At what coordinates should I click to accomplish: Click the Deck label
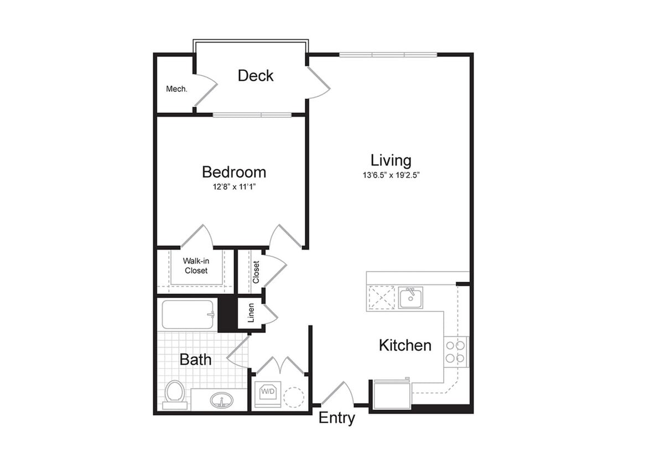coord(256,76)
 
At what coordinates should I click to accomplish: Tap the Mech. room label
coord(176,89)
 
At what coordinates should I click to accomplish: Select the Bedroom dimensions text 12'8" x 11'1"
coord(233,187)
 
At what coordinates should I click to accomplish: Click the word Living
coord(391,160)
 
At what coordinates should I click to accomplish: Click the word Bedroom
coord(233,172)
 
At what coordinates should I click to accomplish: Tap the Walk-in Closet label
coord(196,266)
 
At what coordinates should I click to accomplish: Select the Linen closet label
coord(251,313)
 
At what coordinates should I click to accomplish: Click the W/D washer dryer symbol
coord(268,393)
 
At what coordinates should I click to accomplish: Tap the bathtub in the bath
coord(188,314)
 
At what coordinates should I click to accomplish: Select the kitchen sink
coord(410,298)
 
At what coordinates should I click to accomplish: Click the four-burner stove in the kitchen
coord(456,351)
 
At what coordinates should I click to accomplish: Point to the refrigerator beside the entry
coord(392,394)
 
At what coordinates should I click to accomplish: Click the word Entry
coord(336,418)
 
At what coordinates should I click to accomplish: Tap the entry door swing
coord(337,394)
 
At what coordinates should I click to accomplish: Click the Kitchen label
coord(405,345)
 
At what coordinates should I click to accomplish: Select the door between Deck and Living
coord(318,83)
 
